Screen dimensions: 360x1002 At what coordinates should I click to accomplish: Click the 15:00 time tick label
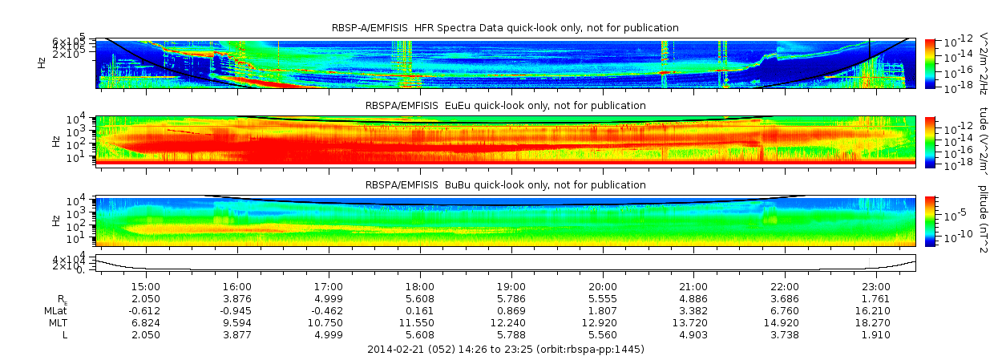tap(146, 286)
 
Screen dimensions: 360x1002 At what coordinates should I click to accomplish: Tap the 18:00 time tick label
tap(420, 286)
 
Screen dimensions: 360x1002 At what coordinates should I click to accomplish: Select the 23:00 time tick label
tap(876, 286)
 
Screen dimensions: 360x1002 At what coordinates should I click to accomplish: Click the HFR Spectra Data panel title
tap(505, 28)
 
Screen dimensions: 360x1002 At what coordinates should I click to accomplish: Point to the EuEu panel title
tap(505, 106)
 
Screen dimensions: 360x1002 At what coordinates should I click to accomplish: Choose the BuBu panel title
tap(505, 185)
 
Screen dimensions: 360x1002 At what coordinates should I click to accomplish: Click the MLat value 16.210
tap(876, 310)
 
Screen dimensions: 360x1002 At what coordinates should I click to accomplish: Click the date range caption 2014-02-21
tap(505, 350)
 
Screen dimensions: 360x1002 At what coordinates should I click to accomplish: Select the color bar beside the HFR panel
tap(930, 63)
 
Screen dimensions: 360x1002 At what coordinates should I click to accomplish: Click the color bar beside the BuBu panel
tap(930, 220)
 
